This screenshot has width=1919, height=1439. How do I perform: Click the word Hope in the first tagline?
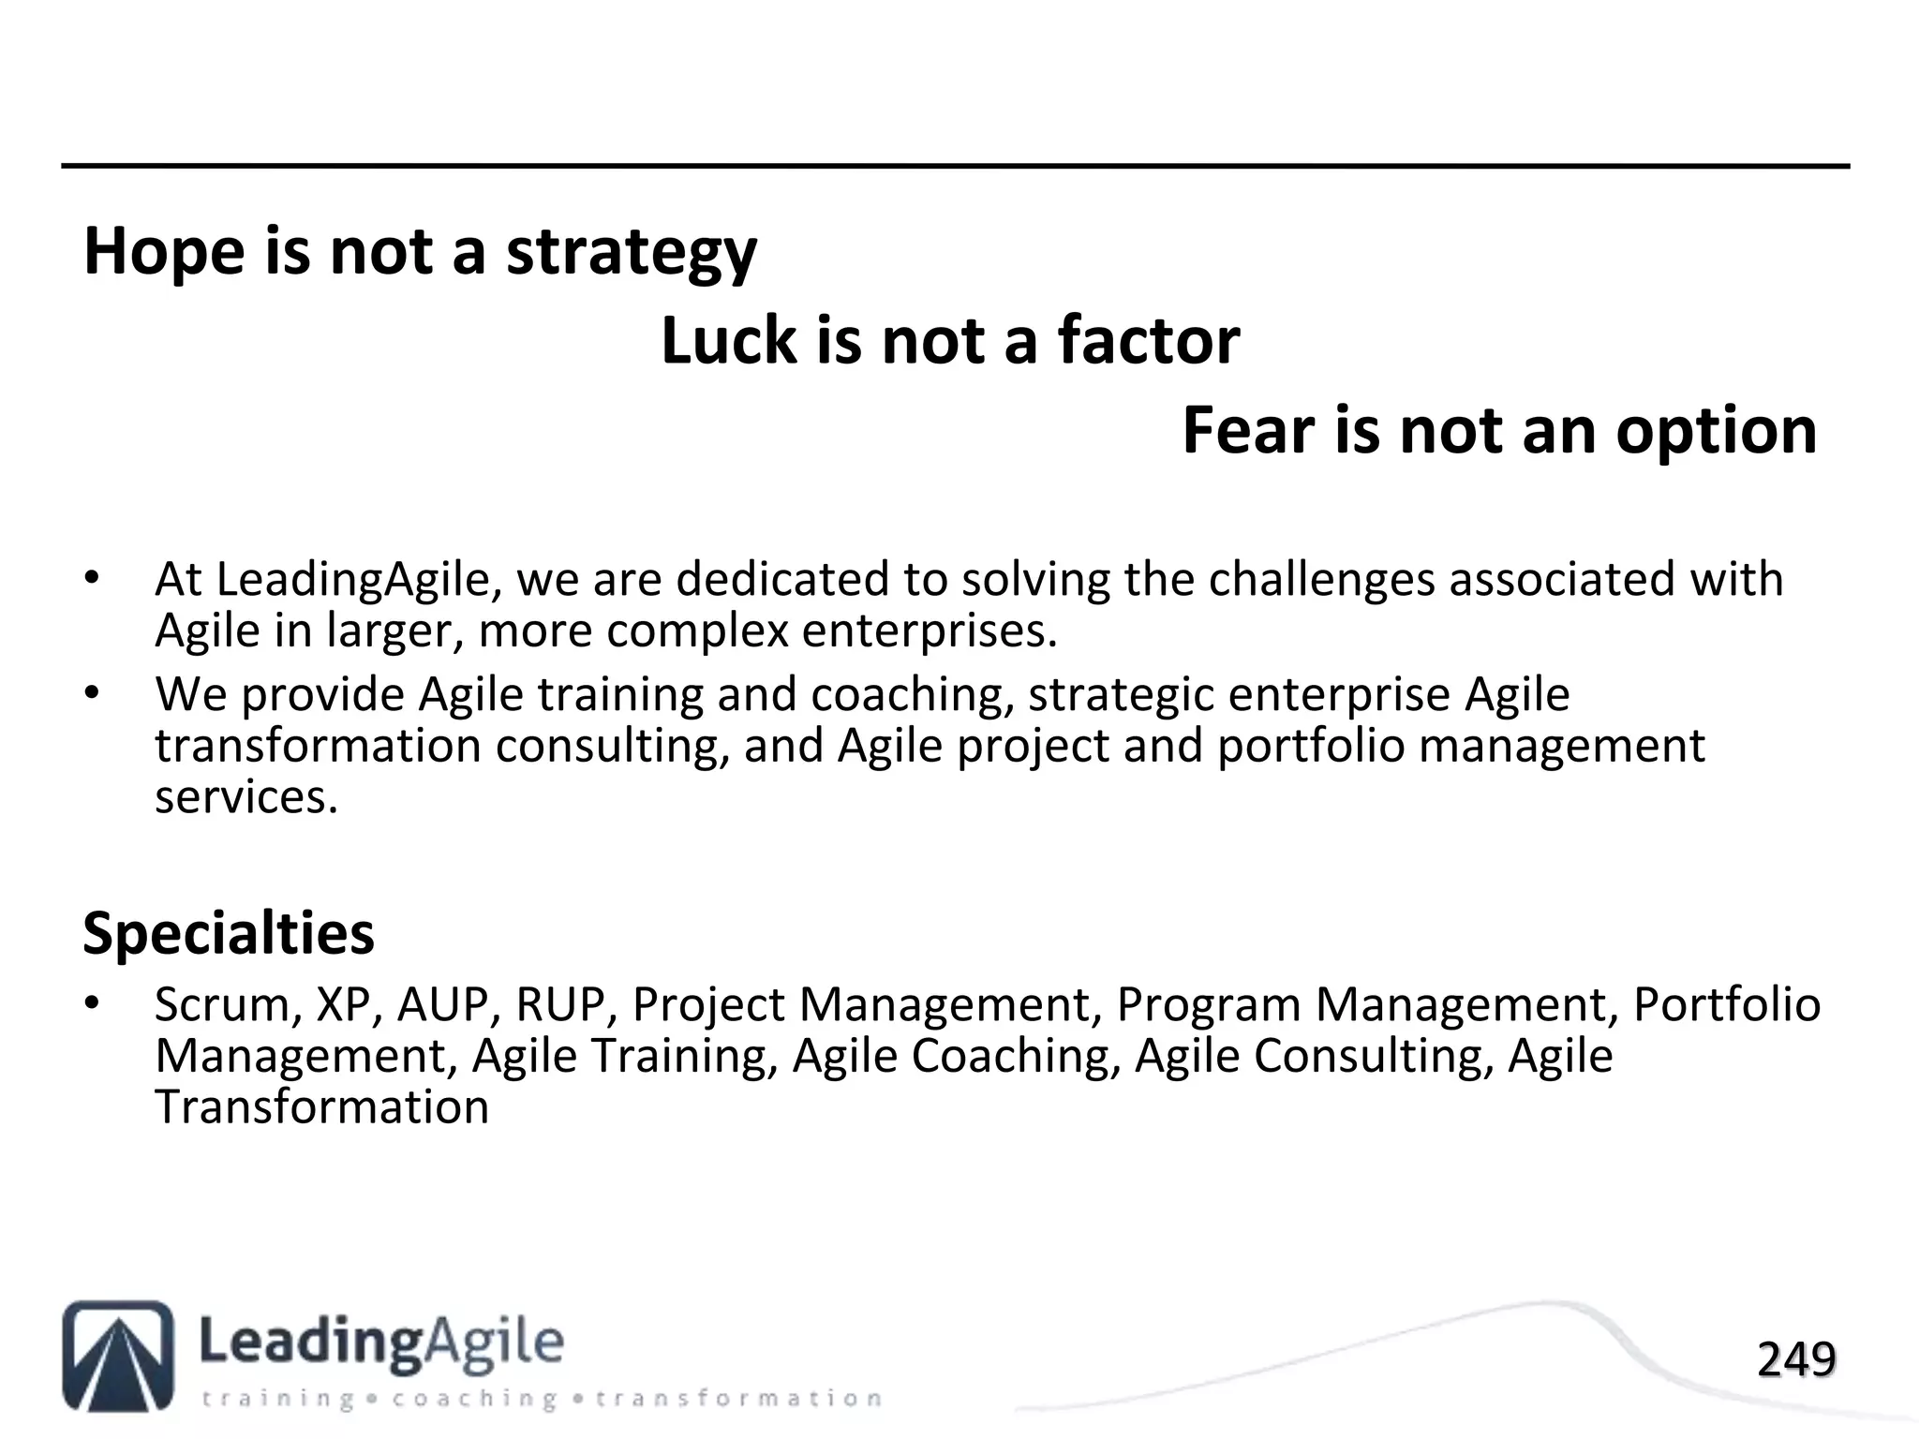click(166, 251)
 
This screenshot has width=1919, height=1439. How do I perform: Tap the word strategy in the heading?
click(632, 253)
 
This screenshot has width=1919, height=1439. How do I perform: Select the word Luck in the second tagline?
click(728, 340)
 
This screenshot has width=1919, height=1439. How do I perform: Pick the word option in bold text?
click(1717, 432)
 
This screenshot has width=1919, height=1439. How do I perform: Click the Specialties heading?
click(229, 933)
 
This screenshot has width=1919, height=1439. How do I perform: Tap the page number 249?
click(1796, 1359)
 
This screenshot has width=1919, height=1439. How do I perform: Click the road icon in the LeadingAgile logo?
click(118, 1355)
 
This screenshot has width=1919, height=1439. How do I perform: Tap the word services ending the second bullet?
click(245, 797)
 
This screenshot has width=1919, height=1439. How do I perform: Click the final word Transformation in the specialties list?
click(321, 1107)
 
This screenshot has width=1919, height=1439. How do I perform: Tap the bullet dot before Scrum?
click(91, 1003)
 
